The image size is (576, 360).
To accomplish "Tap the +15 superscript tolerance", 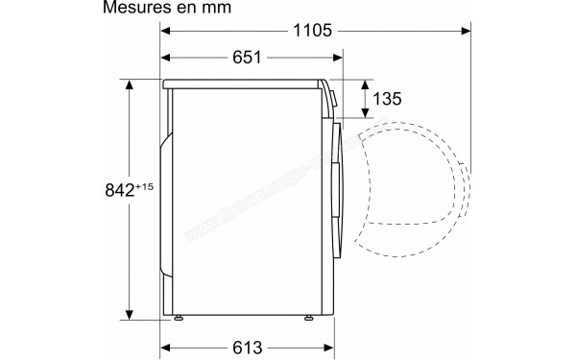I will click(x=146, y=182).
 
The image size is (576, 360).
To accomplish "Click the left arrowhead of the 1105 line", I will click(x=165, y=32).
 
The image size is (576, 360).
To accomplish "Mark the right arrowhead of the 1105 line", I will click(x=466, y=32).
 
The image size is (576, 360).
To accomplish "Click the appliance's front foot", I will click(x=310, y=316).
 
